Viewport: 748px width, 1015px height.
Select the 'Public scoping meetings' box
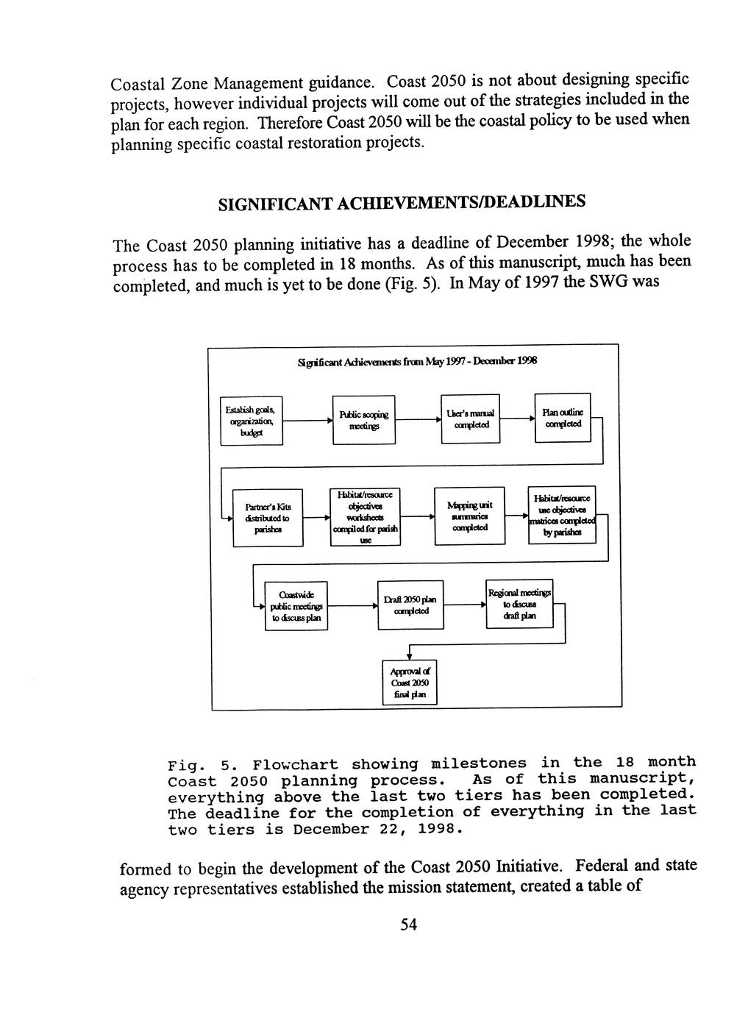(x=363, y=419)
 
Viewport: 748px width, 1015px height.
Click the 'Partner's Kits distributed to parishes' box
(x=268, y=518)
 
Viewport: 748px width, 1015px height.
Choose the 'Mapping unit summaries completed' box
(x=469, y=516)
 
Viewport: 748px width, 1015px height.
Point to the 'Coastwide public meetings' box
(x=295, y=606)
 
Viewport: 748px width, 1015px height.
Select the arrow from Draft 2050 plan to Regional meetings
(x=465, y=605)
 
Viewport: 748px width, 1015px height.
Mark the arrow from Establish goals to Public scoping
(x=307, y=422)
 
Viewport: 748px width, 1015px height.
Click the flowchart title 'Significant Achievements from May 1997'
(x=417, y=362)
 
